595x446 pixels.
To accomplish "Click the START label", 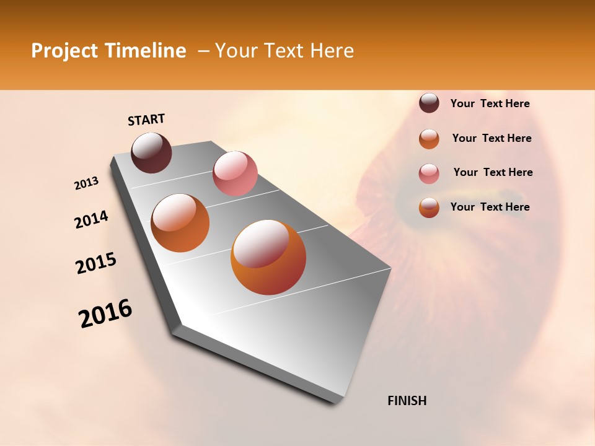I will tap(146, 120).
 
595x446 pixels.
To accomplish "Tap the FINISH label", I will tap(407, 401).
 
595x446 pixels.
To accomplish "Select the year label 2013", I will tap(86, 183).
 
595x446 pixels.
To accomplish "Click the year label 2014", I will tap(91, 220).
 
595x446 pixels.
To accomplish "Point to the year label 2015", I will tap(96, 263).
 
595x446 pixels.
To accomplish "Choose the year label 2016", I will tap(105, 313).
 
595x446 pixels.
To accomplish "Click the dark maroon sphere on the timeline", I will tap(151, 152).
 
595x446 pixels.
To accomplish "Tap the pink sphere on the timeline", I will tap(235, 173).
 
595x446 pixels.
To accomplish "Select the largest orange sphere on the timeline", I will tap(268, 257).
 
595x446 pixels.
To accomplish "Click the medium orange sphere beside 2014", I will tap(180, 223).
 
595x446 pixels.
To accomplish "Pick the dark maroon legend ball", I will tap(429, 103).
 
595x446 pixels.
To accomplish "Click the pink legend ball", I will tap(429, 173).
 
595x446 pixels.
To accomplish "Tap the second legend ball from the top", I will tap(429, 139).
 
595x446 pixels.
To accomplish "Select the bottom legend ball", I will tap(429, 208).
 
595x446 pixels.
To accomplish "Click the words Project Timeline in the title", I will tap(108, 51).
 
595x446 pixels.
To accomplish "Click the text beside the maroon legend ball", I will tap(490, 104).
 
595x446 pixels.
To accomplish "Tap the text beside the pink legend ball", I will tap(493, 172).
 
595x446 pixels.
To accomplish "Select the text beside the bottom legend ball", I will tap(490, 207).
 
